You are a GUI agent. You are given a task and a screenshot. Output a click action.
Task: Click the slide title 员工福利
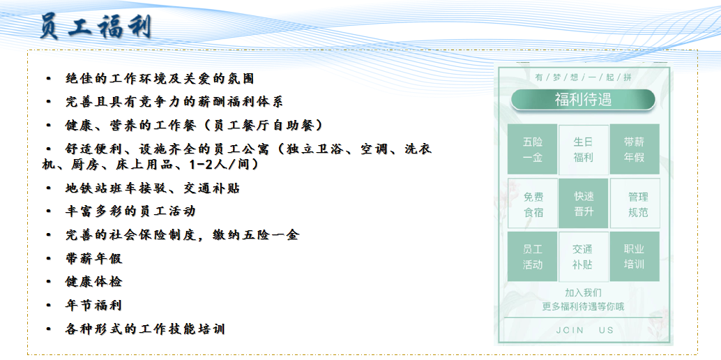click(x=96, y=27)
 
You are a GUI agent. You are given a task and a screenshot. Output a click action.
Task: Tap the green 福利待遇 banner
click(x=583, y=100)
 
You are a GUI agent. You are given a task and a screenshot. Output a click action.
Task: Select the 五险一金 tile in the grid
click(x=533, y=149)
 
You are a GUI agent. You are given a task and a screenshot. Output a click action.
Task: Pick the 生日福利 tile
click(x=583, y=149)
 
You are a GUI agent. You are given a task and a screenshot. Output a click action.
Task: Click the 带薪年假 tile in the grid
click(x=634, y=149)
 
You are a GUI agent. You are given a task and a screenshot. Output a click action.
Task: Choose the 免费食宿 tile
click(x=533, y=204)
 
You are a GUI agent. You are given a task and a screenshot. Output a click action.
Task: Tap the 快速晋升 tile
click(x=583, y=204)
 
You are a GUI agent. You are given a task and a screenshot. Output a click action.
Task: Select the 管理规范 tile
click(x=635, y=204)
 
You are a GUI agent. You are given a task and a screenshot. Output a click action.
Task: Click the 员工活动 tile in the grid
click(x=533, y=257)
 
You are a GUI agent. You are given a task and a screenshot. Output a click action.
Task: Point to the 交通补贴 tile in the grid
click(x=583, y=257)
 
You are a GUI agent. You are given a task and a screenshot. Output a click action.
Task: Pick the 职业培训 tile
click(x=634, y=257)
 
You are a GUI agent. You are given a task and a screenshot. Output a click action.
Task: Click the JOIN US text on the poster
click(x=584, y=330)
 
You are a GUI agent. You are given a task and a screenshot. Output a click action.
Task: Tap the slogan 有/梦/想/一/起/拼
click(x=583, y=77)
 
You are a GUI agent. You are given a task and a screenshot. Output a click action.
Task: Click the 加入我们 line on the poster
click(x=583, y=293)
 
